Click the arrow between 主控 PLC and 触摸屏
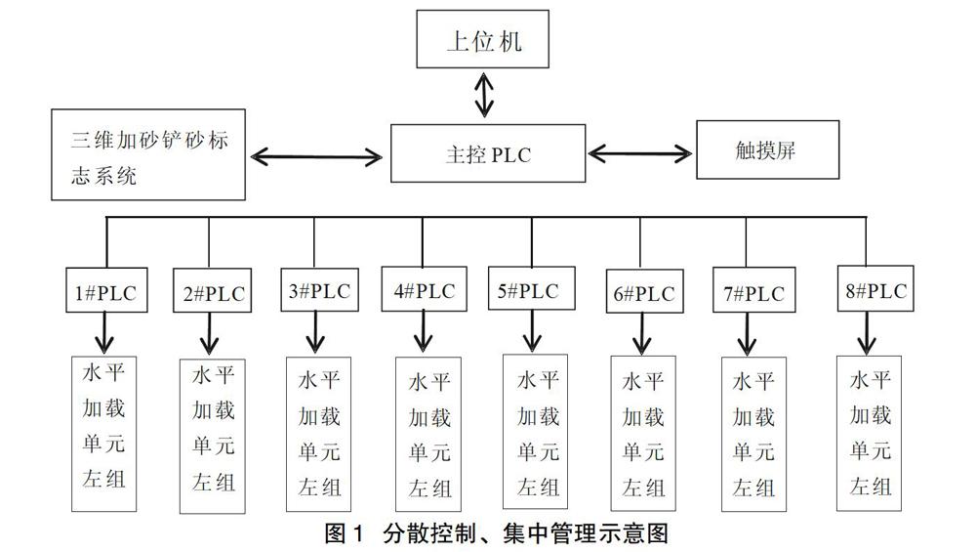click(640, 153)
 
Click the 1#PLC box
click(106, 291)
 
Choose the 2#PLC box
click(211, 292)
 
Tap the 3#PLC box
click(315, 290)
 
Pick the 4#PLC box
click(423, 290)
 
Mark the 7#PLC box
click(748, 292)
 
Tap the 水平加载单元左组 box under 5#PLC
click(538, 432)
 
